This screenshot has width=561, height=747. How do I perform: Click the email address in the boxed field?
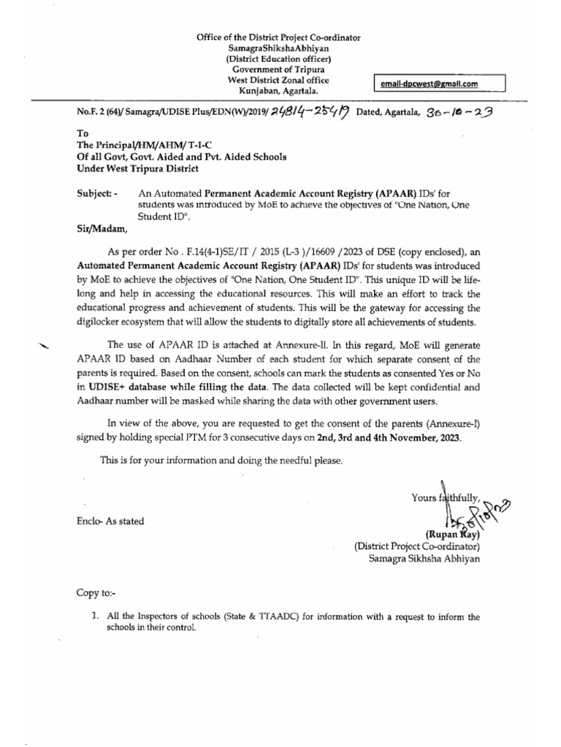click(x=430, y=85)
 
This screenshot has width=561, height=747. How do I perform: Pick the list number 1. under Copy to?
click(x=95, y=616)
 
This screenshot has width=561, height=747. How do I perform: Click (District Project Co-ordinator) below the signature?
click(x=416, y=545)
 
